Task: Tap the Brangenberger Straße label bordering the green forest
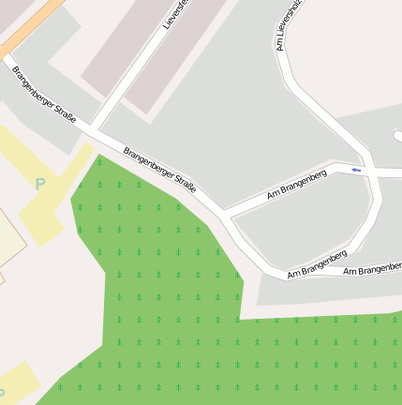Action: tap(160, 171)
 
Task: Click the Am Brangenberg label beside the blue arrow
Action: tap(296, 184)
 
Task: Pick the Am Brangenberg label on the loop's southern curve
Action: tap(318, 264)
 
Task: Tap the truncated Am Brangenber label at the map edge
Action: tap(372, 270)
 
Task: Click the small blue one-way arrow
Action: tap(356, 170)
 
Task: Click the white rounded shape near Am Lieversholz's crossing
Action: tap(397, 136)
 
